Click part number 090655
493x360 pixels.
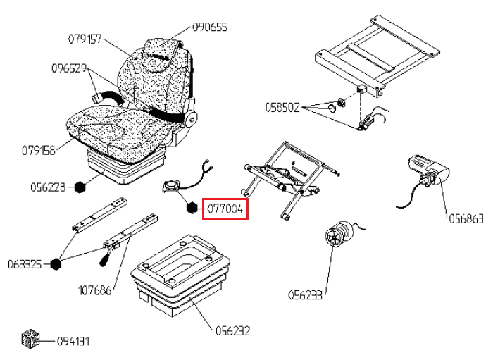(210, 27)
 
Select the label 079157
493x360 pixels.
(85, 39)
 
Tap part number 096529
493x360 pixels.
(69, 68)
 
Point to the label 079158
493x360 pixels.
(38, 150)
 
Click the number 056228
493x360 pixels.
(48, 187)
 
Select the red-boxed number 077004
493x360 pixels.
(225, 209)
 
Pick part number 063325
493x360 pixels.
(25, 264)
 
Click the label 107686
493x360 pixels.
(94, 290)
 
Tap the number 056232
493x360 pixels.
(232, 330)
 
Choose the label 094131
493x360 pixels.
(73, 341)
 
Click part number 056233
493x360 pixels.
(305, 295)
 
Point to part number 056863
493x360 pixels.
(466, 219)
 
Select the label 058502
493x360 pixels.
(282, 108)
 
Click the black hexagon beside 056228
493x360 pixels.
(80, 187)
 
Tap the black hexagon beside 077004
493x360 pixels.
(192, 208)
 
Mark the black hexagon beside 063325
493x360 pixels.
(56, 264)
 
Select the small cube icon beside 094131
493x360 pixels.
(30, 339)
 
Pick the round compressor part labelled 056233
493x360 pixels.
(339, 234)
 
